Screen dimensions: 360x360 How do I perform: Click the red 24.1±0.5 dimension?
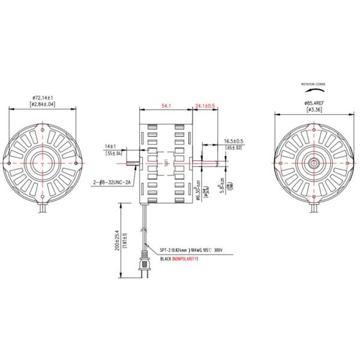click(x=205, y=106)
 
